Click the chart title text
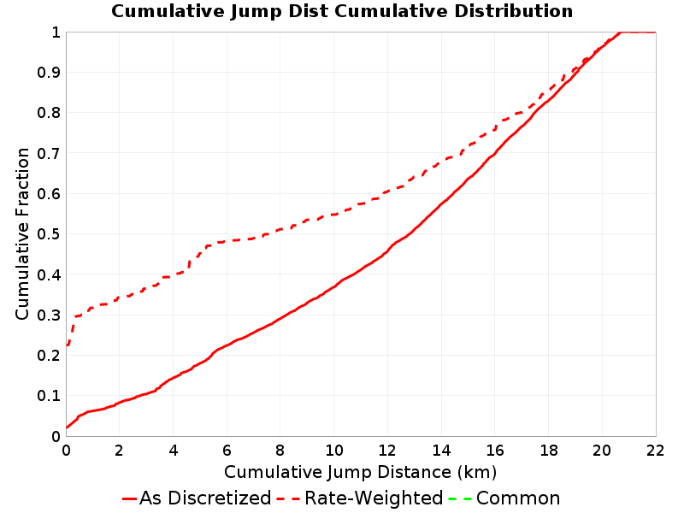(x=342, y=11)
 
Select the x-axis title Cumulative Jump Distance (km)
(x=360, y=473)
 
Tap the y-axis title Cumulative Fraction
(x=22, y=233)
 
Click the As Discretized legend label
(x=205, y=498)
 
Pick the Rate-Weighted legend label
(x=374, y=498)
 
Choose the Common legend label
(x=518, y=498)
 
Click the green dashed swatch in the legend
(x=459, y=498)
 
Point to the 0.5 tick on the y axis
(x=49, y=234)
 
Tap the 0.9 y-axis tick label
(x=49, y=73)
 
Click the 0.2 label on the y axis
(x=49, y=356)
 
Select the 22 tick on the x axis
(x=655, y=451)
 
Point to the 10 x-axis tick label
(x=333, y=451)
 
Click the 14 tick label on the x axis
(x=441, y=451)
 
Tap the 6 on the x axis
(x=227, y=451)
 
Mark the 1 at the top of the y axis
(x=56, y=32)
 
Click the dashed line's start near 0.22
(x=67, y=345)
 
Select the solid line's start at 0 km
(x=67, y=427)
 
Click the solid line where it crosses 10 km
(x=334, y=286)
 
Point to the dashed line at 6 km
(x=227, y=241)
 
